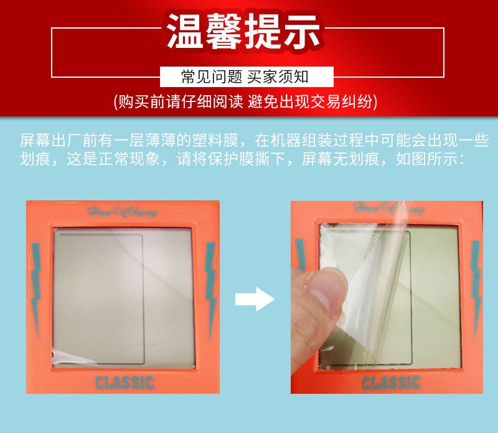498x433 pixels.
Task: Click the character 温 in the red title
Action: click(x=184, y=32)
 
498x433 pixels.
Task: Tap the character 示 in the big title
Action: click(x=301, y=32)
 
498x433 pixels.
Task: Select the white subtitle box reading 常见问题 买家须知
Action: click(x=247, y=77)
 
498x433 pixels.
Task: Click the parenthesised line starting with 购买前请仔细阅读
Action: click(x=245, y=101)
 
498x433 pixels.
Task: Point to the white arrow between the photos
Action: click(x=255, y=299)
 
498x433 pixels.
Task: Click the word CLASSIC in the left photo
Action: click(x=125, y=383)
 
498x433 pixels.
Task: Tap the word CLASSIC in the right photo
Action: click(x=392, y=383)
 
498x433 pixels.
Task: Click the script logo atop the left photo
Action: click(x=122, y=212)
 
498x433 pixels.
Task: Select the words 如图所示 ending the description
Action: click(x=426, y=159)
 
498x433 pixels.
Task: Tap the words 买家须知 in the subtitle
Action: click(x=278, y=77)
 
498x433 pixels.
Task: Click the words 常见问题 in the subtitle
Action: click(x=212, y=77)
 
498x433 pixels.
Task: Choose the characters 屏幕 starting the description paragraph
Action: click(x=35, y=141)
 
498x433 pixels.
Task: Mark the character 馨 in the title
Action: click(x=223, y=32)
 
